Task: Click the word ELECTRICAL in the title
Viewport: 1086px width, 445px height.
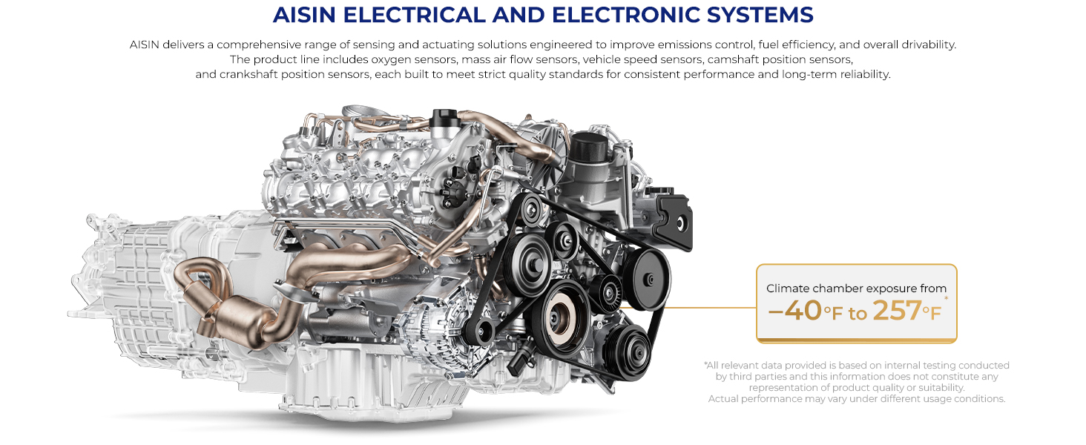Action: (x=414, y=15)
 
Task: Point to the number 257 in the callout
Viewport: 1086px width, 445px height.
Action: (x=897, y=310)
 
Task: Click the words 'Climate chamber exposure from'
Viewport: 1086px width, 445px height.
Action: (x=856, y=289)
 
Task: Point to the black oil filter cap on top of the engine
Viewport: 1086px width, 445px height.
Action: (x=588, y=147)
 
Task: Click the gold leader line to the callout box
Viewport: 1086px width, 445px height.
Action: (x=688, y=307)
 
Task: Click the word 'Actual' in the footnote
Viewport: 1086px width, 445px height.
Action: (x=723, y=399)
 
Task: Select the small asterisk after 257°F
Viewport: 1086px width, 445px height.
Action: (x=946, y=298)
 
